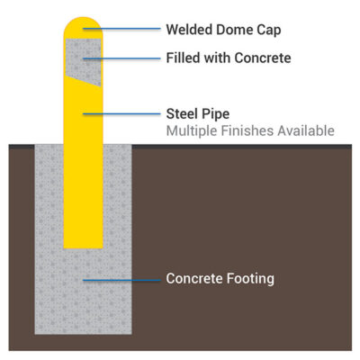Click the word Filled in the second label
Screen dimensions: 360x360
tap(184, 58)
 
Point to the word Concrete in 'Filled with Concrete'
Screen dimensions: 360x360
tap(263, 58)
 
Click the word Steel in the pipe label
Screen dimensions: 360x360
tap(181, 113)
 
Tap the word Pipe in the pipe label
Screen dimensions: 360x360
tap(215, 114)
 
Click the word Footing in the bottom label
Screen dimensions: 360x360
tap(250, 279)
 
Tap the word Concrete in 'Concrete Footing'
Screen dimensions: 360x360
tap(194, 278)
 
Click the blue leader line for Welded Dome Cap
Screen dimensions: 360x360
tap(121, 29)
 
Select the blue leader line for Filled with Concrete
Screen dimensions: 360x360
tap(121, 58)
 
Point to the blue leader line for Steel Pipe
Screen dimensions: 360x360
tap(121, 114)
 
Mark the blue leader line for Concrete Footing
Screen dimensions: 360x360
tap(121, 280)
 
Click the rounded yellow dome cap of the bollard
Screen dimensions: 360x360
tap(84, 28)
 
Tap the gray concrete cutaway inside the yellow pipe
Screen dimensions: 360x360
tap(84, 59)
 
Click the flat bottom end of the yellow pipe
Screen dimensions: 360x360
tap(84, 247)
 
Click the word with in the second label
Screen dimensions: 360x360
tap(217, 58)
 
